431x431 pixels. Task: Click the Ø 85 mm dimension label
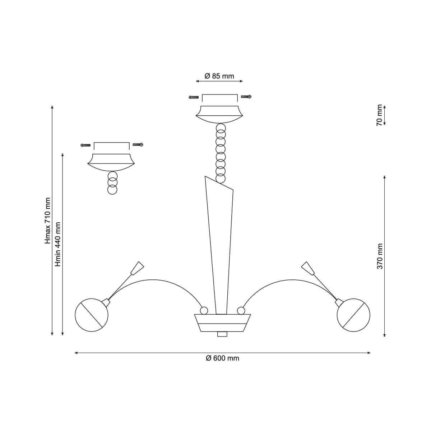click(219, 76)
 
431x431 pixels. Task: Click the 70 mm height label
click(380, 115)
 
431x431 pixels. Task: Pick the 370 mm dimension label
click(380, 256)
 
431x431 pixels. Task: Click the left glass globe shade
click(92, 315)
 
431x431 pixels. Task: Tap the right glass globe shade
click(353, 315)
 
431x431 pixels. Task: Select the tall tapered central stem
click(219, 245)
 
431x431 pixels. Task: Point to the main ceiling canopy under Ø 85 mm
click(219, 115)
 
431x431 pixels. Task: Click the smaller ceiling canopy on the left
click(111, 162)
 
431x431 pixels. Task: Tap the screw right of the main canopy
click(246, 97)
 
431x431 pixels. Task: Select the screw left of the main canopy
click(194, 97)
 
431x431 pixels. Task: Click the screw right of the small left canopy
click(138, 144)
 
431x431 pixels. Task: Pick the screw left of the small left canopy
click(86, 145)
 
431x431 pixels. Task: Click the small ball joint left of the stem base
click(204, 310)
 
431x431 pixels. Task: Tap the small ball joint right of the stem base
click(241, 310)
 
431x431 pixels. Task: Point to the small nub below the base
click(222, 334)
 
